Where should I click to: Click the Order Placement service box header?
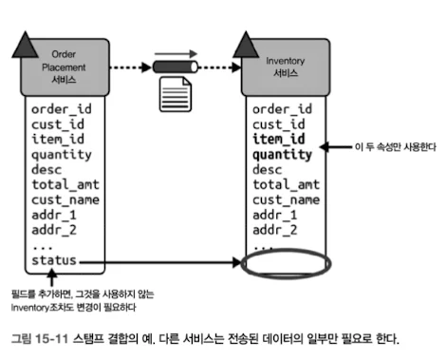pyautogui.click(x=65, y=67)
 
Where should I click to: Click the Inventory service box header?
pyautogui.click(x=286, y=67)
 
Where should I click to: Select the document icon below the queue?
pyautogui.click(x=176, y=94)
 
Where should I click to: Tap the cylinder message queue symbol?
pyautogui.click(x=176, y=67)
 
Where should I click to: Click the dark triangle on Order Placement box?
pyautogui.click(x=25, y=45)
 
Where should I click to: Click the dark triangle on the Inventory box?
pyautogui.click(x=246, y=45)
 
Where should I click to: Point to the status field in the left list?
pyautogui.click(x=54, y=260)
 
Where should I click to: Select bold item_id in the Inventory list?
pyautogui.click(x=279, y=139)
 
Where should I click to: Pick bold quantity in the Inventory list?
pyautogui.click(x=282, y=155)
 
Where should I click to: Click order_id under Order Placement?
pyautogui.click(x=62, y=109)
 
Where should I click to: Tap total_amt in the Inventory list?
pyautogui.click(x=287, y=184)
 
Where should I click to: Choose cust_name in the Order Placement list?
pyautogui.click(x=65, y=199)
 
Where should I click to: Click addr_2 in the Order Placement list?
pyautogui.click(x=54, y=230)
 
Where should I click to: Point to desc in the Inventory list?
pyautogui.click(x=268, y=170)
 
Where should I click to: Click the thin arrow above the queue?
pyautogui.click(x=176, y=54)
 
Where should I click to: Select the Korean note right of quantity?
pyautogui.click(x=396, y=147)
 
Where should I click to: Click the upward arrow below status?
pyautogui.click(x=52, y=277)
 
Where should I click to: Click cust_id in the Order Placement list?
pyautogui.click(x=58, y=124)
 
